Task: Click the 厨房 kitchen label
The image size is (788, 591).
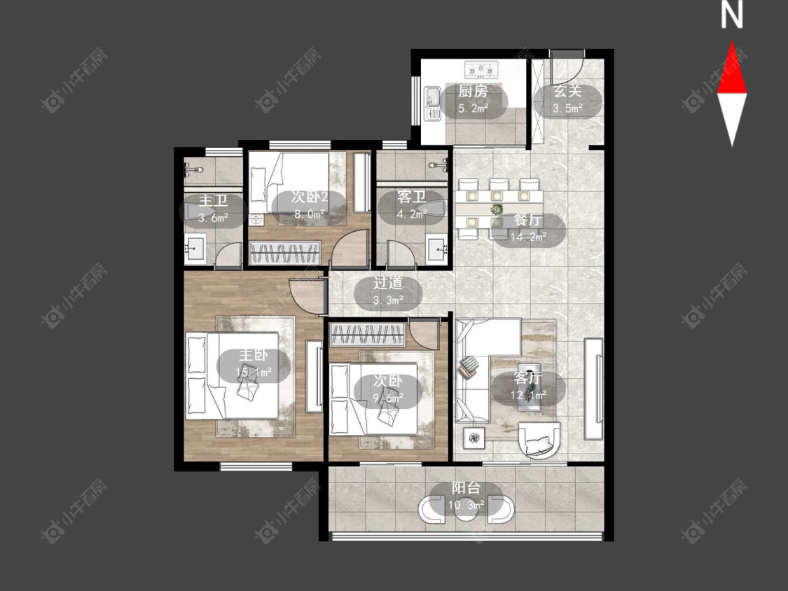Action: pyautogui.click(x=473, y=92)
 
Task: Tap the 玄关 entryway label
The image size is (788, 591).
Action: pyautogui.click(x=567, y=92)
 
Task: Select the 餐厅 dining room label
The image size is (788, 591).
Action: pyautogui.click(x=528, y=220)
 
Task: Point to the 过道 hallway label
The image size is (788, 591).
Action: pyautogui.click(x=387, y=283)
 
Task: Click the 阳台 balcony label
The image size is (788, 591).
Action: pyautogui.click(x=466, y=488)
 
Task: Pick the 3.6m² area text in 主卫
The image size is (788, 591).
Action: pyautogui.click(x=213, y=218)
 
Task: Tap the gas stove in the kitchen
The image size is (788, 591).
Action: pyautogui.click(x=481, y=70)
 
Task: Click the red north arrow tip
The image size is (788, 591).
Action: pyautogui.click(x=732, y=41)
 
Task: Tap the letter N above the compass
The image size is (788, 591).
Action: pyautogui.click(x=731, y=15)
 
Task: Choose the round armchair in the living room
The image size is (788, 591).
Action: pyautogui.click(x=539, y=439)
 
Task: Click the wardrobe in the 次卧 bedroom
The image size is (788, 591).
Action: pyautogui.click(x=367, y=335)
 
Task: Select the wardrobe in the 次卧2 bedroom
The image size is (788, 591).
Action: pyautogui.click(x=285, y=252)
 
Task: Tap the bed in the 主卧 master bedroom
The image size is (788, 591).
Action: pyautogui.click(x=232, y=375)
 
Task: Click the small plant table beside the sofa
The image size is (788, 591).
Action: pyautogui.click(x=474, y=438)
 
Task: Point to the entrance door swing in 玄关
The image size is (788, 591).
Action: pyautogui.click(x=567, y=67)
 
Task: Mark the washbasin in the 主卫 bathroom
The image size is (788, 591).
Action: pyautogui.click(x=195, y=248)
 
